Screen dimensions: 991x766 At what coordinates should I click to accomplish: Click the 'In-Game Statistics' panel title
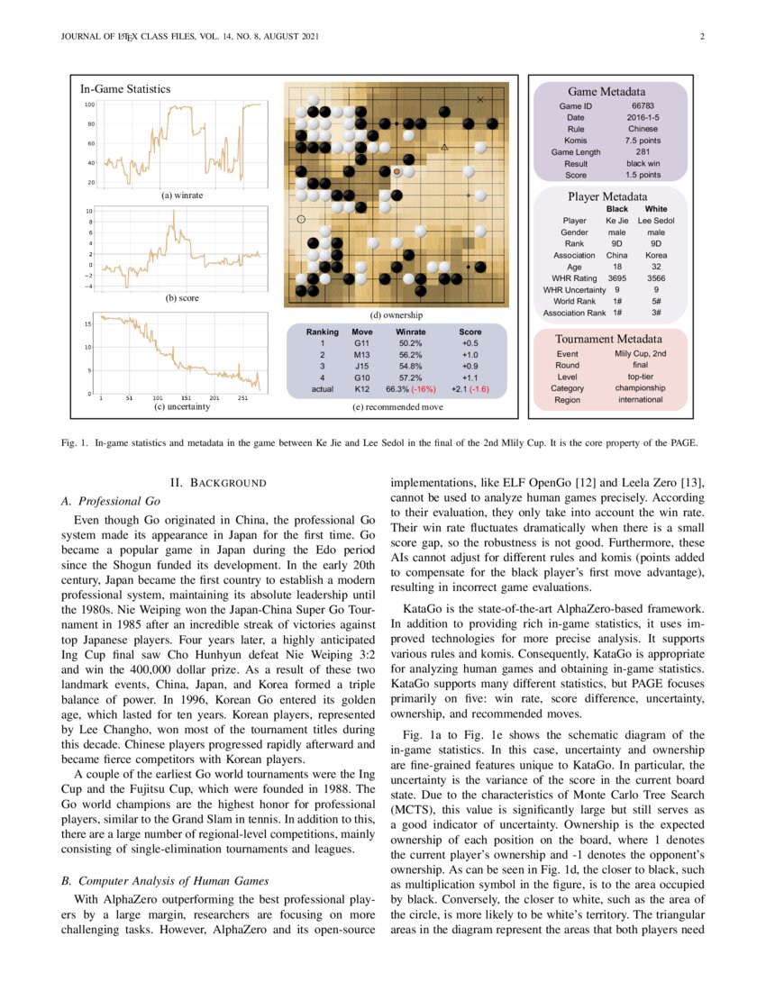pyautogui.click(x=125, y=89)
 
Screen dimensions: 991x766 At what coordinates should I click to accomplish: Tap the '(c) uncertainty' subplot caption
pyautogui.click(x=181, y=407)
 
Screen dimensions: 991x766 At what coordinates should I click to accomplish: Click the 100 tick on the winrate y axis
pyautogui.click(x=90, y=105)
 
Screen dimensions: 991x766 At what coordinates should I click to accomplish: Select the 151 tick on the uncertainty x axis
pyautogui.click(x=186, y=396)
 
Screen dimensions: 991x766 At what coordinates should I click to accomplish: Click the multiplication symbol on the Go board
pyautogui.click(x=480, y=99)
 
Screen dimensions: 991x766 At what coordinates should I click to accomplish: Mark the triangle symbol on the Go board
pyautogui.click(x=444, y=146)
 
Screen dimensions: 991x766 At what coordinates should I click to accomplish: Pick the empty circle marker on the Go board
pyautogui.click(x=301, y=219)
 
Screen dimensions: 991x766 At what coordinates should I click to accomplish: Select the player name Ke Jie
pyautogui.click(x=617, y=221)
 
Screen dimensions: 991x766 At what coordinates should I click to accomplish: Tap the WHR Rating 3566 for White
pyautogui.click(x=657, y=278)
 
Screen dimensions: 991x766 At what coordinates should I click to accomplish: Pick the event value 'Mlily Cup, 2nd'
pyautogui.click(x=641, y=354)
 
